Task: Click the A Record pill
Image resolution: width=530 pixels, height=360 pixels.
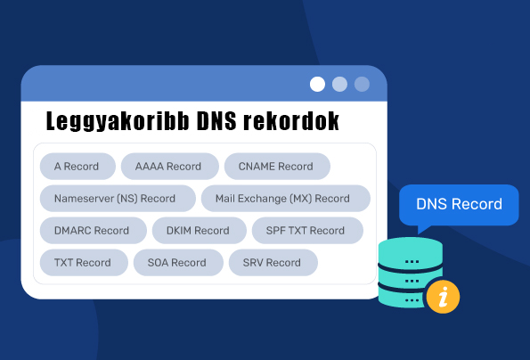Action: [x=77, y=167]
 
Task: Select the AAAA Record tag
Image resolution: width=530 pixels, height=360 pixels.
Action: [x=169, y=167]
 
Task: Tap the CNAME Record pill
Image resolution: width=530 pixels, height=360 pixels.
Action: [x=277, y=167]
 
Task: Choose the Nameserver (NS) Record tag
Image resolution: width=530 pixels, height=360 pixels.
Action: [x=118, y=199]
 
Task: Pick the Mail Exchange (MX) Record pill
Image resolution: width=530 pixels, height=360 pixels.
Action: [x=286, y=199]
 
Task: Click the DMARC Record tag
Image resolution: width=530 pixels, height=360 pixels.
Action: [x=94, y=231]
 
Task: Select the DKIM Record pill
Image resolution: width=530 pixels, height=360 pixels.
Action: [x=200, y=231]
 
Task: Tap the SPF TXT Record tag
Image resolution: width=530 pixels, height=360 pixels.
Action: [x=307, y=231]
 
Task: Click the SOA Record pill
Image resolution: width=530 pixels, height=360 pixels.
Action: [x=178, y=263]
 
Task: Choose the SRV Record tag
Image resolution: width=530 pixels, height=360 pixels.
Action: [x=273, y=263]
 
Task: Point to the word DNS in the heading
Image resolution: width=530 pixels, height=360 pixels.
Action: [x=216, y=120]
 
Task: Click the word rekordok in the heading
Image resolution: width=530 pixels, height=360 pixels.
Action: [x=291, y=120]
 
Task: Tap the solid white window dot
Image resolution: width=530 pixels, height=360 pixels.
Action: [x=317, y=84]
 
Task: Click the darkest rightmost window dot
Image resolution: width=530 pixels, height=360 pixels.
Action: [x=362, y=84]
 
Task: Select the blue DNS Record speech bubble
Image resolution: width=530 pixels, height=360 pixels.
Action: [x=459, y=205]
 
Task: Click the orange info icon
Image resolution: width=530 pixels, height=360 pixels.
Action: [x=443, y=297]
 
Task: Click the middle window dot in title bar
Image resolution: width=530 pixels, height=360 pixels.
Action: [x=339, y=84]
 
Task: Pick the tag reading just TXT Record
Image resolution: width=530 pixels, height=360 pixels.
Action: [x=84, y=263]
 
